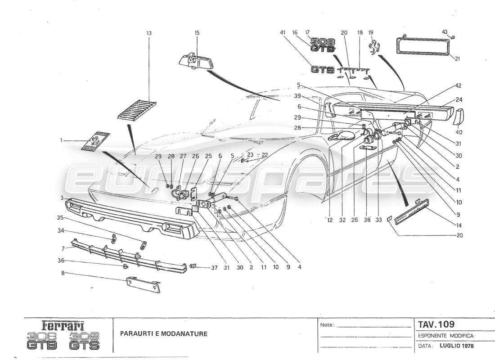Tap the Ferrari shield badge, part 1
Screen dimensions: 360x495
(95, 141)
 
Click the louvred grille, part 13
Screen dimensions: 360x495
(137, 110)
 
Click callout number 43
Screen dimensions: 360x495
(445, 31)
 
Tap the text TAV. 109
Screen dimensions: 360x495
(436, 324)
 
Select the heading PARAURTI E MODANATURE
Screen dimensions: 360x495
(163, 334)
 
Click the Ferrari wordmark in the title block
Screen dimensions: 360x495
(63, 325)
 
